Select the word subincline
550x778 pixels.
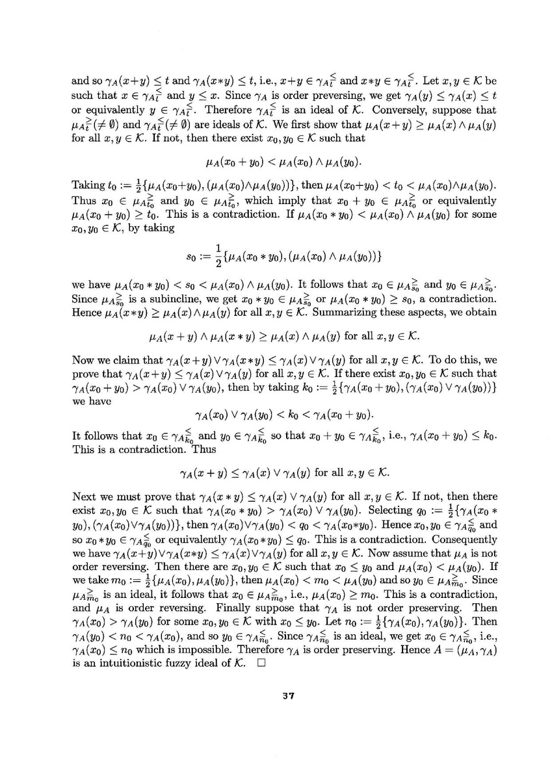176,300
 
